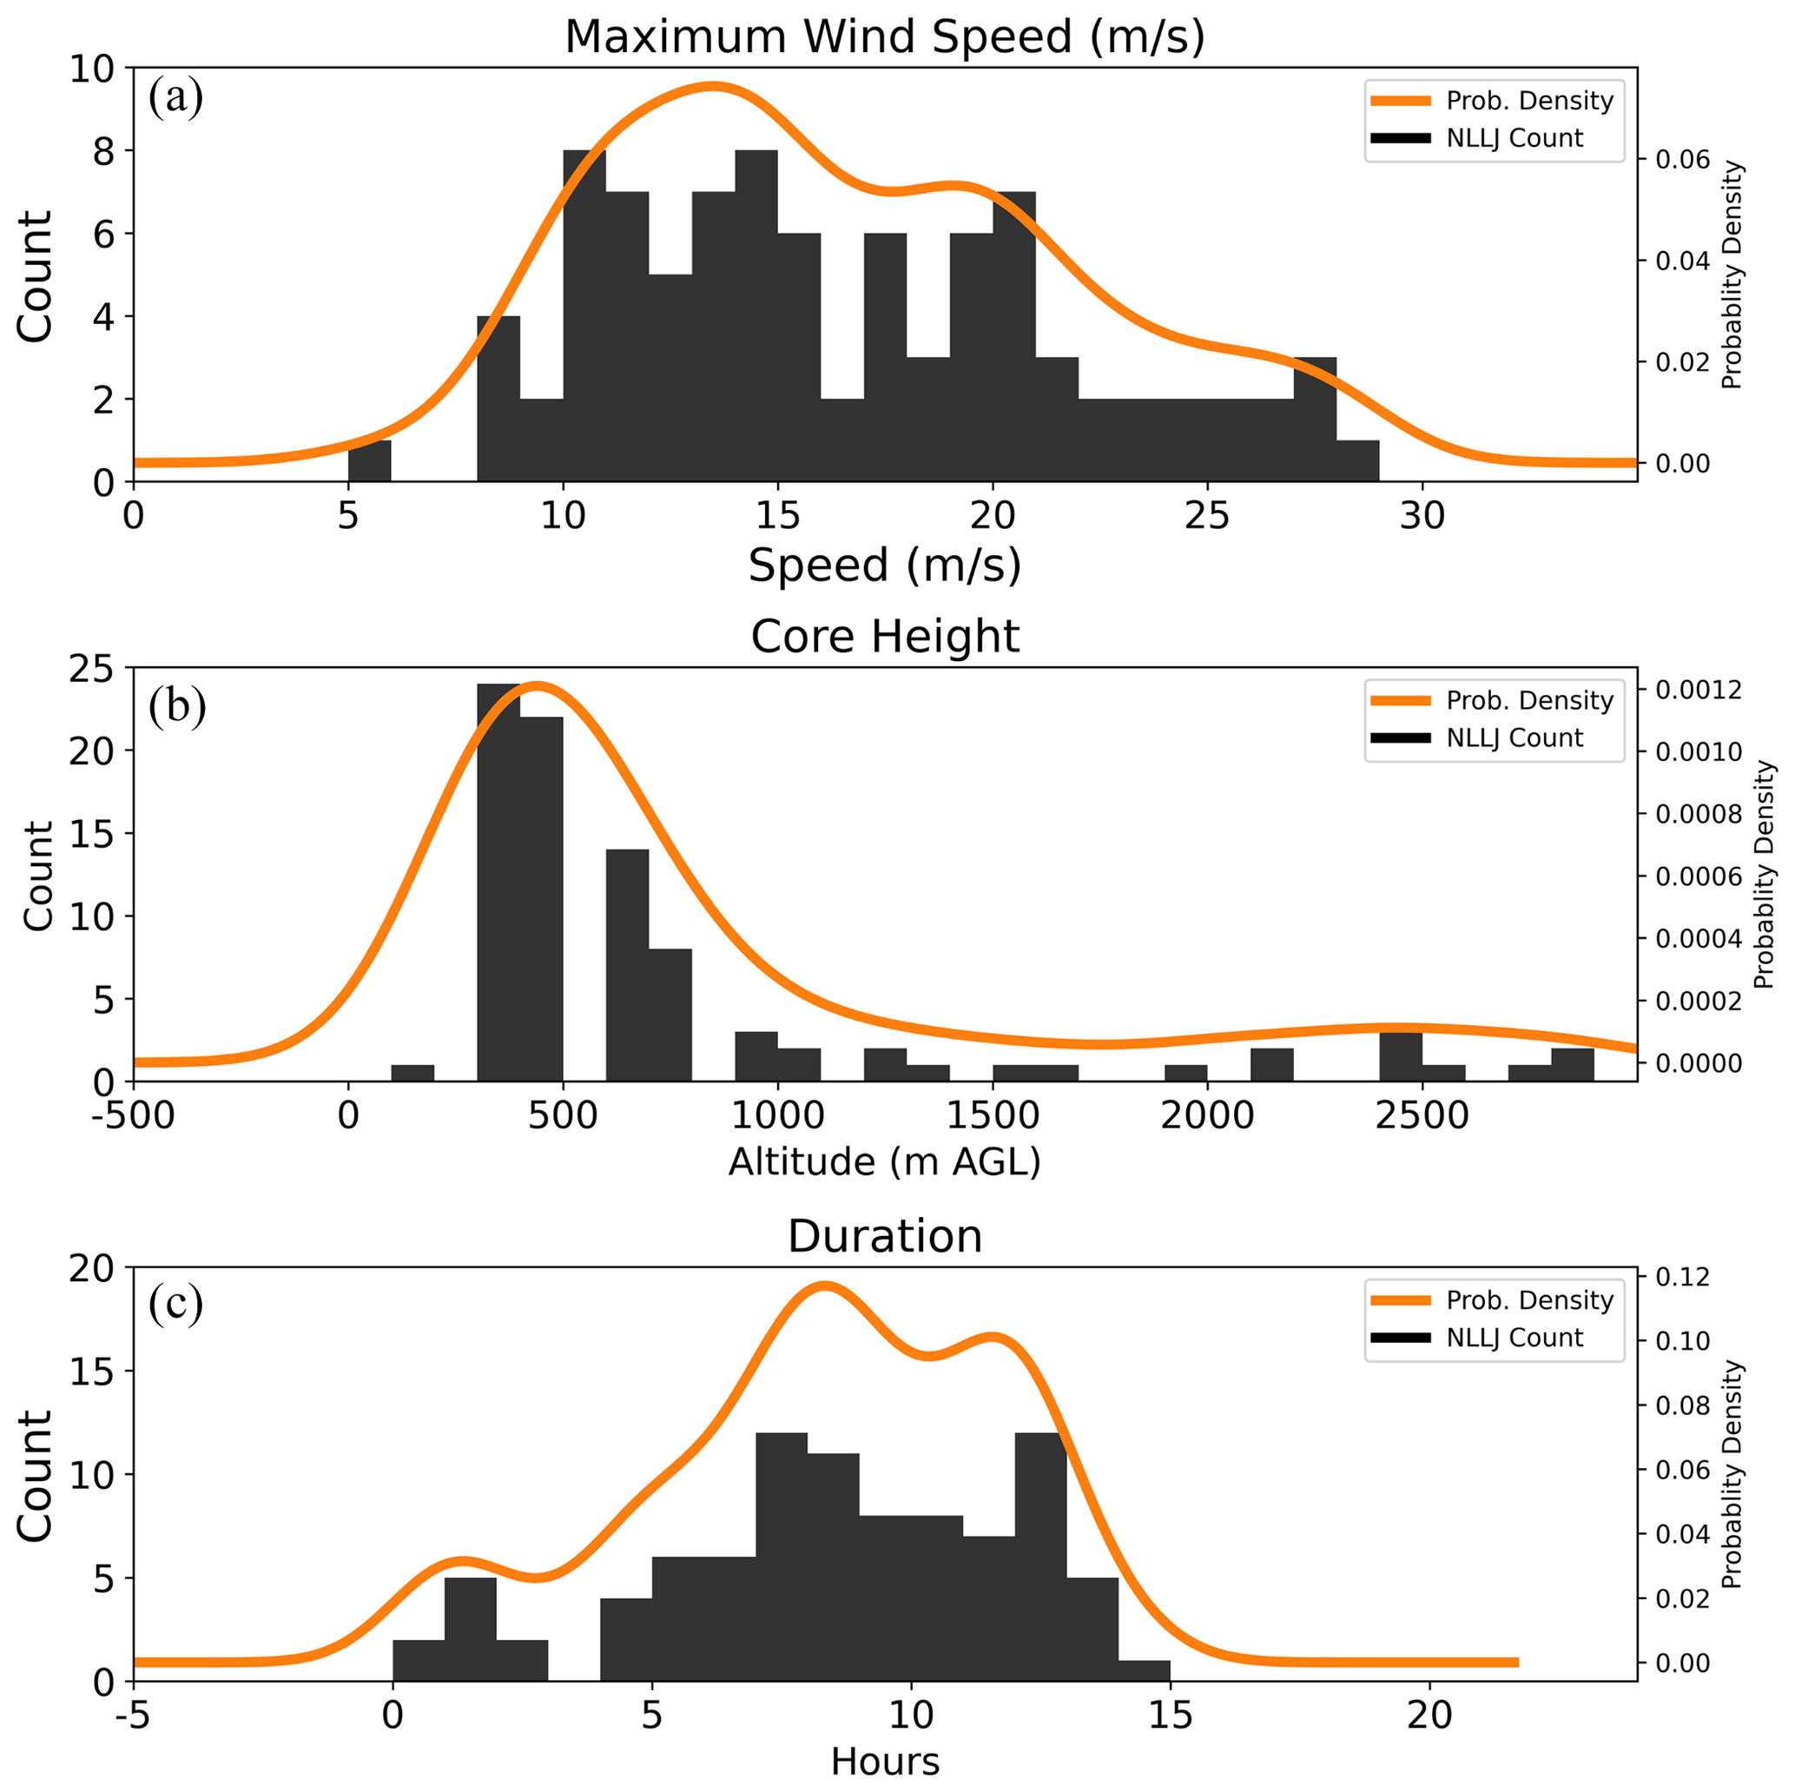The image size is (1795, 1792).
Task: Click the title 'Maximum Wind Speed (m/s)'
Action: [885, 37]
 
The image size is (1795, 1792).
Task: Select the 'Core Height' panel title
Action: [885, 637]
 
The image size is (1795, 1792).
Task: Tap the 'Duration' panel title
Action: [885, 1236]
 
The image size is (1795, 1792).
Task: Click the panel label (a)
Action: [175, 97]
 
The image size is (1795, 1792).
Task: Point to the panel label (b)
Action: [176, 706]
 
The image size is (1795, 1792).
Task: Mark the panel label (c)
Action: [175, 1304]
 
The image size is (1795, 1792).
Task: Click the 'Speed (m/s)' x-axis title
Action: [885, 565]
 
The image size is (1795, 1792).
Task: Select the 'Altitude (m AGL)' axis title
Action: [885, 1162]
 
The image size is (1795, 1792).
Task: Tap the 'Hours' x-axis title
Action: [885, 1762]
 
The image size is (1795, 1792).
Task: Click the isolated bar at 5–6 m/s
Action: [370, 461]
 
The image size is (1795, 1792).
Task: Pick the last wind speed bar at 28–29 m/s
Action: [1357, 461]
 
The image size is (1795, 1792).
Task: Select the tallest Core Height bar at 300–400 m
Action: [498, 883]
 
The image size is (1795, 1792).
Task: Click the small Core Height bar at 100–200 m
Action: [412, 1073]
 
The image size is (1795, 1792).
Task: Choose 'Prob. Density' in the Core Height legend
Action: [1529, 700]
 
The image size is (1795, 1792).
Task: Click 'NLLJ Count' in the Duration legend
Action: [1515, 1338]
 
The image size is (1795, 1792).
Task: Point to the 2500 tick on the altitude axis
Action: [1422, 1114]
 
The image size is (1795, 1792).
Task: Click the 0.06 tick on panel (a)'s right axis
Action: [1683, 160]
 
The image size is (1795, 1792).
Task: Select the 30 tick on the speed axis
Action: [1422, 516]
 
